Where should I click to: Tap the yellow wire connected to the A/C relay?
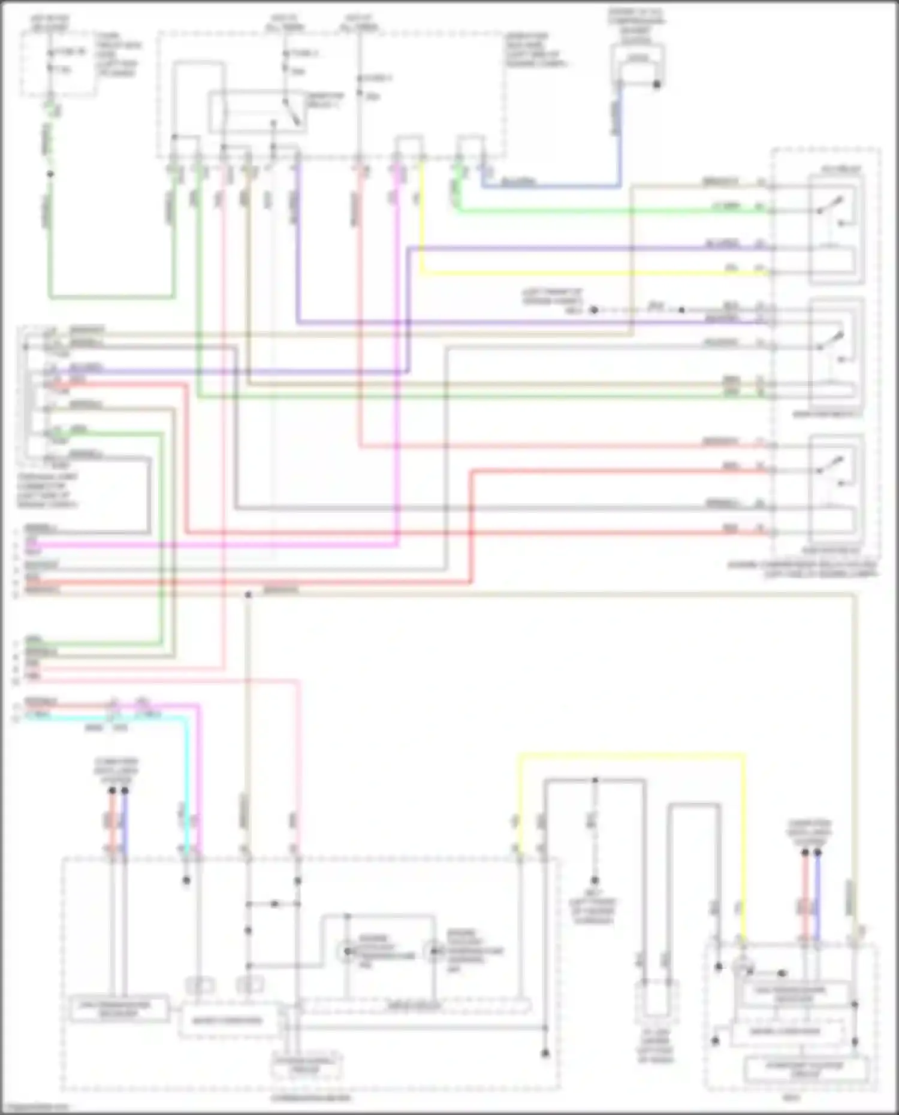599,273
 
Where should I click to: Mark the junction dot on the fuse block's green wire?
50,174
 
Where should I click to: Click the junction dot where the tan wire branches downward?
248,594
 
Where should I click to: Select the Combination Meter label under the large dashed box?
310,1098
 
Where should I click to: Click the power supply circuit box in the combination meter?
306,1065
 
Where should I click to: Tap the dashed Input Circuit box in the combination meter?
414,1006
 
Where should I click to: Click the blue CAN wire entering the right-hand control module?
817,899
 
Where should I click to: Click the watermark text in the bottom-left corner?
27,1107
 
